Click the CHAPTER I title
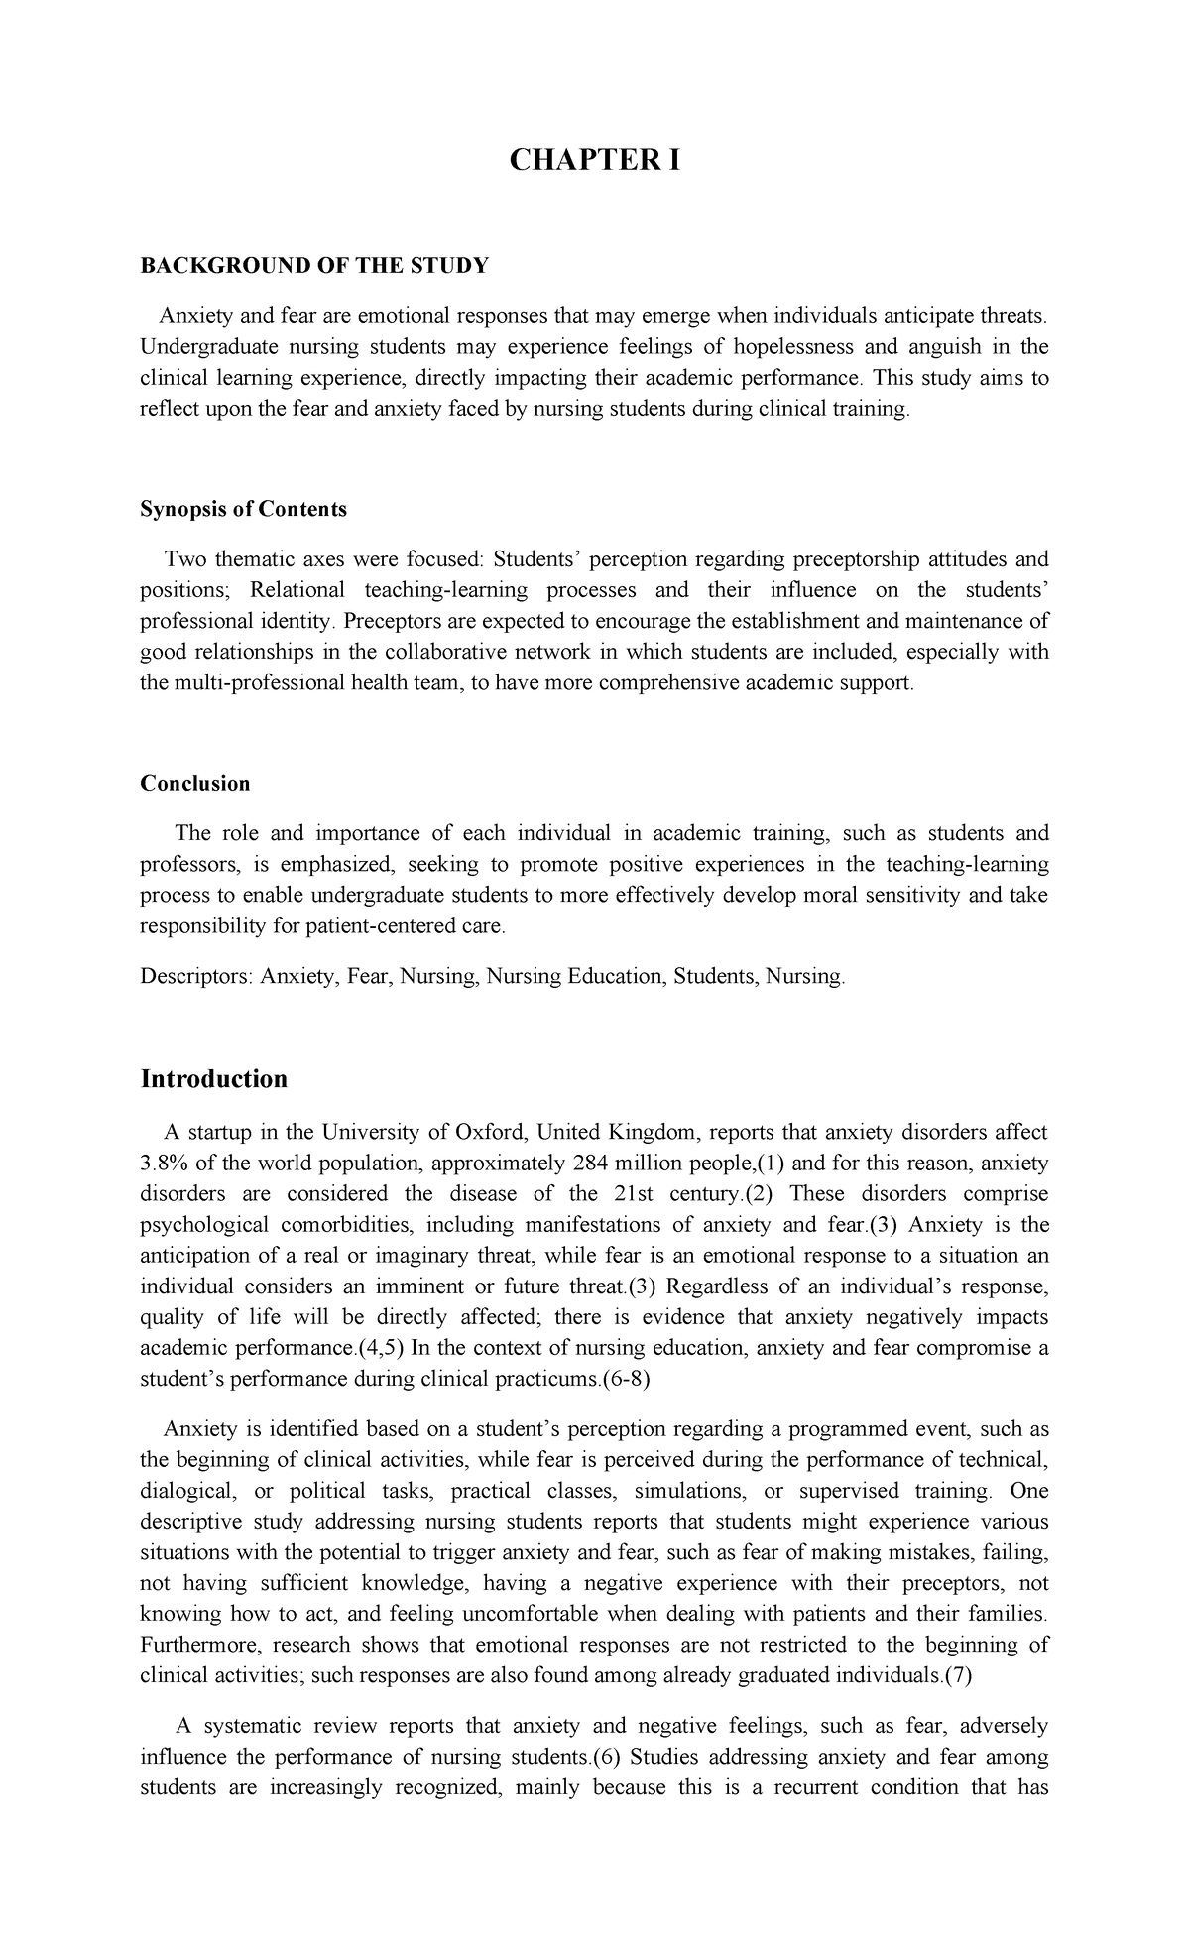coord(594,161)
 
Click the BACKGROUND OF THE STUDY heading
coord(314,265)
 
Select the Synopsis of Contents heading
coord(243,509)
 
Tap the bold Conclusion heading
coord(194,783)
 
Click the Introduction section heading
coord(213,1078)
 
